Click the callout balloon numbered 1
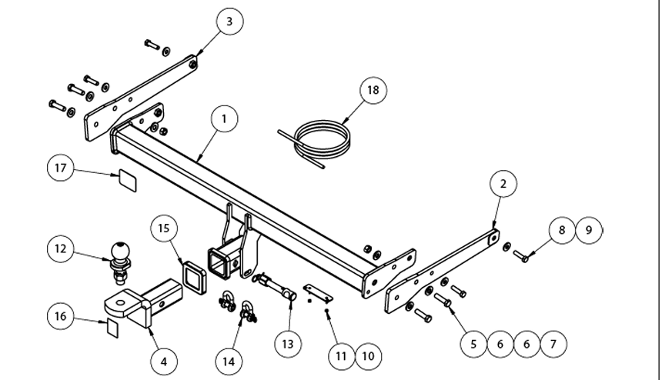(224, 119)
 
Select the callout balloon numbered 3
(229, 22)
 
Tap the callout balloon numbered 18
(373, 90)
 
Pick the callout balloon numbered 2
(503, 184)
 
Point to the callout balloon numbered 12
(61, 248)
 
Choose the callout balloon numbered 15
(164, 228)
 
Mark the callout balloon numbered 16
(61, 315)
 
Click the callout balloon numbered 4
(163, 360)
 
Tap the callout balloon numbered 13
(287, 344)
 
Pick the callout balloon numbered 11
(342, 355)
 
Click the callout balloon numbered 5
(474, 344)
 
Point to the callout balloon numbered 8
(562, 230)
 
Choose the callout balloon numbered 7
(553, 344)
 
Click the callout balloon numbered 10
(368, 355)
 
